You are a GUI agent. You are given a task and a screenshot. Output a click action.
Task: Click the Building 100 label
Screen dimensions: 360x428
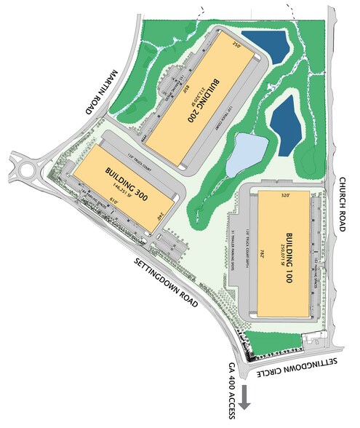289,259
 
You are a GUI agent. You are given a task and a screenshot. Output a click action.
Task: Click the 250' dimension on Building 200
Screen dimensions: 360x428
235,43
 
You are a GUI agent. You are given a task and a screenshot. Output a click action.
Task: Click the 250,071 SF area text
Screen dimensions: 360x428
280,259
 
